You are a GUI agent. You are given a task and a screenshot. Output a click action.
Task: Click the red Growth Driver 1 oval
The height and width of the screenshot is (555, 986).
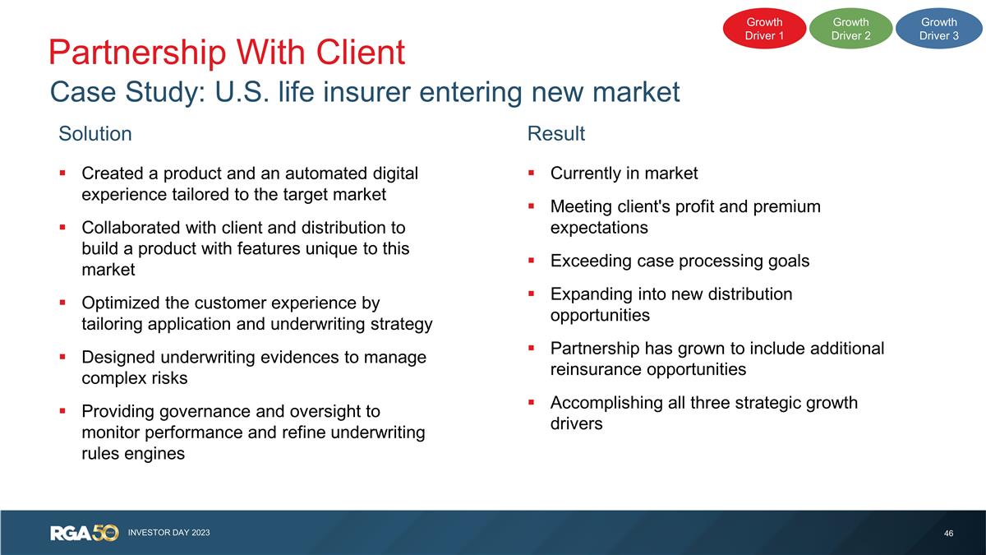pyautogui.click(x=764, y=29)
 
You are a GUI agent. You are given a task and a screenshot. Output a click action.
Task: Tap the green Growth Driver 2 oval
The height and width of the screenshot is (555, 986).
pyautogui.click(x=851, y=29)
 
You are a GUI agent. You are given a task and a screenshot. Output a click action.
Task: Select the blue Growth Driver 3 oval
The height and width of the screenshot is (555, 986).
pyautogui.click(x=939, y=29)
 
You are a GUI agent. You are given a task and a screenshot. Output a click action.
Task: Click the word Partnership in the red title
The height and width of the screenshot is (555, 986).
pyautogui.click(x=136, y=53)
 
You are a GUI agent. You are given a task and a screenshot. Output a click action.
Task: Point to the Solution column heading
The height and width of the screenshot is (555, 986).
pyautogui.click(x=95, y=134)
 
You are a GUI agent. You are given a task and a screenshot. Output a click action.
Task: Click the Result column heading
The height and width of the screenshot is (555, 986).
pyautogui.click(x=556, y=134)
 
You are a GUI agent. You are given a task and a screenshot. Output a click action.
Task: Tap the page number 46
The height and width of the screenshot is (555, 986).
pyautogui.click(x=948, y=534)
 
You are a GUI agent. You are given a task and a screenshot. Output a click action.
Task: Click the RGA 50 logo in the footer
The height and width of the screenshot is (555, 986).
pyautogui.click(x=84, y=533)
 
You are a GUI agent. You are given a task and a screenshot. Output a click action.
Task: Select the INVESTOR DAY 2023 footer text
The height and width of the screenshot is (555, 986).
pyautogui.click(x=169, y=533)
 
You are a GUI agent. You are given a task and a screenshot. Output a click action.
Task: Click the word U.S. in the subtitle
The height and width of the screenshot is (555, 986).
pyautogui.click(x=242, y=92)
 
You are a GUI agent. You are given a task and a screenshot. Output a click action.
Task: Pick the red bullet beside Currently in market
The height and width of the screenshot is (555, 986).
pyautogui.click(x=532, y=173)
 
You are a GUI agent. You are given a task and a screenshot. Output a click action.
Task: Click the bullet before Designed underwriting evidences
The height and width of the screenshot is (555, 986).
pyautogui.click(x=62, y=357)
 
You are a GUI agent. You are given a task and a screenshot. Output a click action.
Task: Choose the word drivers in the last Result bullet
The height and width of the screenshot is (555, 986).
pyautogui.click(x=576, y=423)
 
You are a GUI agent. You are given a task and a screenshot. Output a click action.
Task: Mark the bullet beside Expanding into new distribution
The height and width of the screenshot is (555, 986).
pyautogui.click(x=532, y=294)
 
